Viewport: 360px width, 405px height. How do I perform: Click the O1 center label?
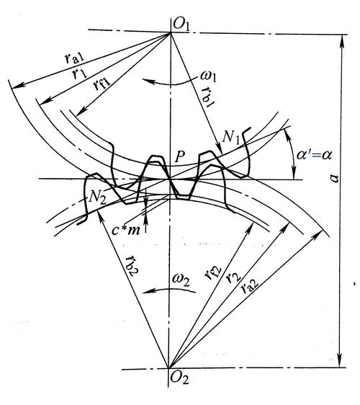pos(181,24)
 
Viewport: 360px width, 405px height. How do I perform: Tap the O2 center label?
pos(179,378)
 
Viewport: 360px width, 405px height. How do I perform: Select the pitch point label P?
pos(180,156)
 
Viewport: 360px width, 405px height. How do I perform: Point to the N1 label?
pos(231,137)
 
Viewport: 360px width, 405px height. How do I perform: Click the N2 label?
pos(97,199)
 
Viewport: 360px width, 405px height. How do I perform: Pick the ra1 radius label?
pos(74,59)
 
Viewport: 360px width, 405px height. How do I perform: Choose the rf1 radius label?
pos(102,84)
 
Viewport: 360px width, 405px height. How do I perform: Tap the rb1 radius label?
pos(209,97)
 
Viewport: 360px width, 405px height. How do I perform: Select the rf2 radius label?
pos(213,273)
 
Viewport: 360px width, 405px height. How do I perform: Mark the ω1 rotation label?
pos(208,76)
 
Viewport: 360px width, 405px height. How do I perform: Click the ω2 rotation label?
pos(181,280)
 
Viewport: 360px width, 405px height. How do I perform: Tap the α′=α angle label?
pos(314,155)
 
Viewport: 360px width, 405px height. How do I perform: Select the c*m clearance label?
pos(126,230)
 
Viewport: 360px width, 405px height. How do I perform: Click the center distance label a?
pos(335,178)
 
